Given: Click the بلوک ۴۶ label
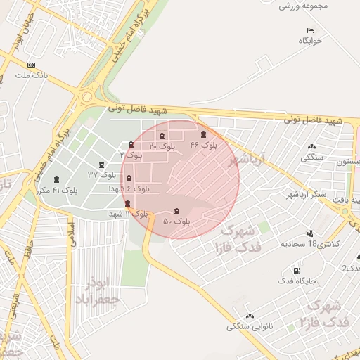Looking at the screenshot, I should coord(205,145).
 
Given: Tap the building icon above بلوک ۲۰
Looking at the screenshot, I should coord(162,136).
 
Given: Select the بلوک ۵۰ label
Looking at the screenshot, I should coord(176,221).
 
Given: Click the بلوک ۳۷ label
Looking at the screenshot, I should coord(101,174).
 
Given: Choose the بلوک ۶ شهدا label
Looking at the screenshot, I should coord(129,189).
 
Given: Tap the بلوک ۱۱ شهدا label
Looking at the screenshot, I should coord(127,213).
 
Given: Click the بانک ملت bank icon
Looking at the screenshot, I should coord(31,65).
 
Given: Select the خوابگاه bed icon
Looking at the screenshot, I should coord(310,30).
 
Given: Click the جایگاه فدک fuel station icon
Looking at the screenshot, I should coord(295,271).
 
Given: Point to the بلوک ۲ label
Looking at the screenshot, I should coord(131,154).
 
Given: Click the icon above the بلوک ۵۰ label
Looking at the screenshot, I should coord(176,210).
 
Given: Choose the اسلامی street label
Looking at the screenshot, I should coord(71,233).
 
